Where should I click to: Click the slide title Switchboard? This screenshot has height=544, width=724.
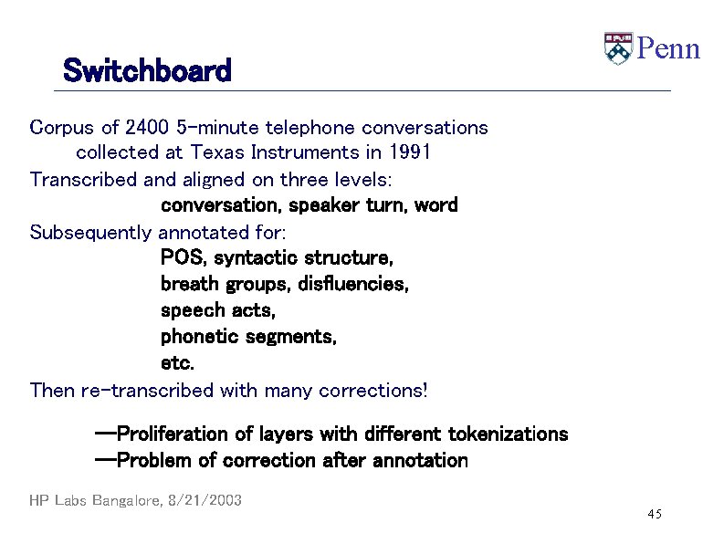pyautogui.click(x=147, y=70)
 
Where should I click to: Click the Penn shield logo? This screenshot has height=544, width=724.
pyautogui.click(x=617, y=48)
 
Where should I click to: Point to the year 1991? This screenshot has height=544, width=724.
pyautogui.click(x=407, y=152)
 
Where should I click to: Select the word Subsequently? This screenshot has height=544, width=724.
pyautogui.click(x=91, y=232)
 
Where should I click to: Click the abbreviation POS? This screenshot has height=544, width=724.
pyautogui.click(x=182, y=258)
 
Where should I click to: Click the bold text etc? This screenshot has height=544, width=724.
pyautogui.click(x=177, y=363)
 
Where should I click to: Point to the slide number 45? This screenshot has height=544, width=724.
pyautogui.click(x=654, y=516)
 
